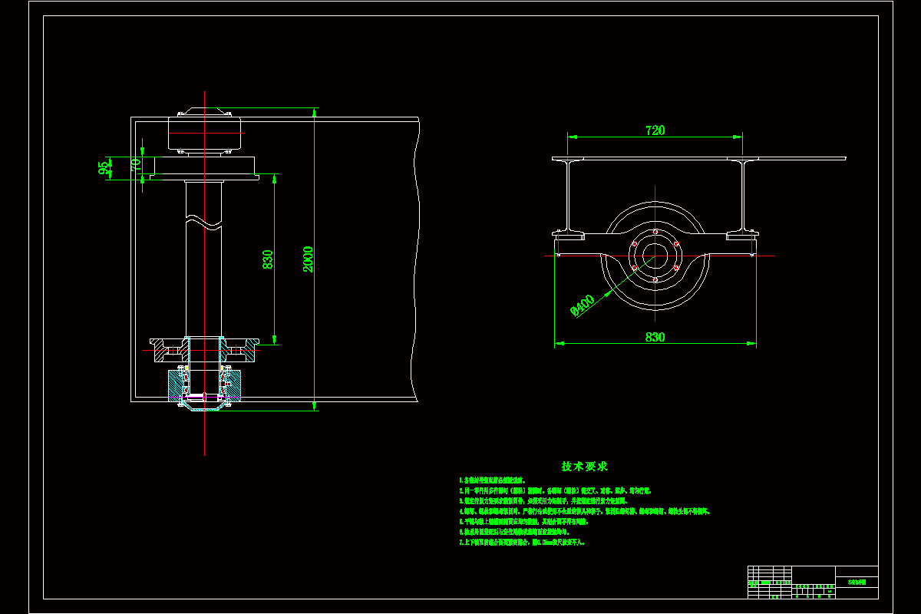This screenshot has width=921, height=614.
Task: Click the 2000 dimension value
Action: pyautogui.click(x=308, y=259)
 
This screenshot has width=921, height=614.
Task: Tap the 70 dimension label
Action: pyautogui.click(x=135, y=164)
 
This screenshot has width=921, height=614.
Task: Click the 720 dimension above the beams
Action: pyautogui.click(x=655, y=130)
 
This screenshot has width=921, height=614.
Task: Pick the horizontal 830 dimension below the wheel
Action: pyautogui.click(x=655, y=337)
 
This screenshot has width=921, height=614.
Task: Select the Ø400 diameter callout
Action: pyautogui.click(x=583, y=306)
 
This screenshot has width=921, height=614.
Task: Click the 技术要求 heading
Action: pyautogui.click(x=585, y=466)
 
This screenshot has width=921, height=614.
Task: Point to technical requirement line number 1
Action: pyautogui.click(x=492, y=480)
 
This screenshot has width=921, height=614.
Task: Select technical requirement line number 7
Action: pyautogui.click(x=522, y=542)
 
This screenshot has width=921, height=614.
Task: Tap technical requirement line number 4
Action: pyautogui.click(x=583, y=510)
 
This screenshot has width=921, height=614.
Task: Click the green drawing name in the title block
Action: pyautogui.click(x=856, y=583)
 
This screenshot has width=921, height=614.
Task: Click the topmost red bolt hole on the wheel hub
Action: pyautogui.click(x=655, y=232)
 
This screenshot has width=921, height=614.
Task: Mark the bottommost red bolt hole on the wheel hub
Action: pyautogui.click(x=655, y=279)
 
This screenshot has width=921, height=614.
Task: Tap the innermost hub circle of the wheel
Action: pyautogui.click(x=655, y=256)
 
